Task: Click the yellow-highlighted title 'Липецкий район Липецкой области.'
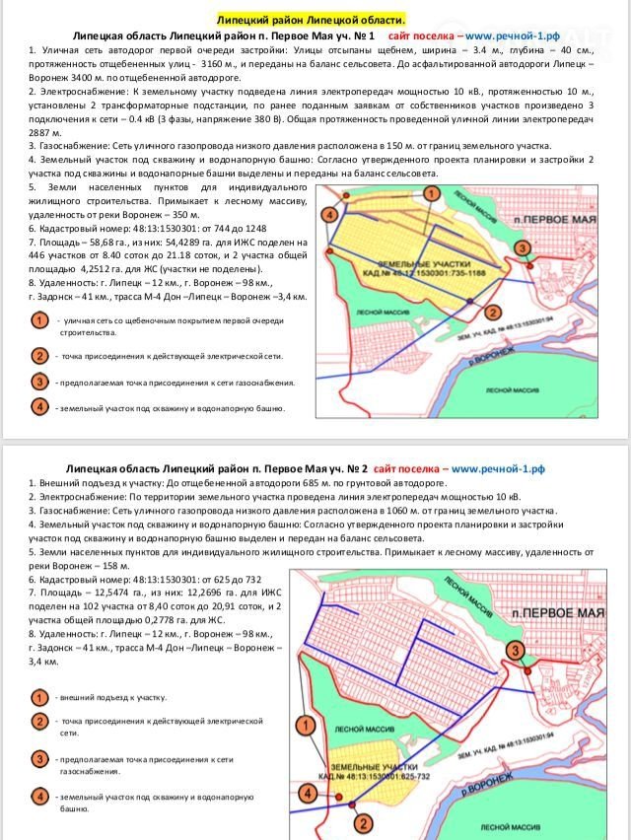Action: [x=312, y=20]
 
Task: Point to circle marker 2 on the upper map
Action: [x=491, y=313]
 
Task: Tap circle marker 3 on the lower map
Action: [x=515, y=649]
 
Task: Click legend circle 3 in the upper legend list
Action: [x=38, y=382]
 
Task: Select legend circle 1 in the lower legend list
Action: [x=38, y=697]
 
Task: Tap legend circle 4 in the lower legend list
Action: [x=38, y=796]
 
